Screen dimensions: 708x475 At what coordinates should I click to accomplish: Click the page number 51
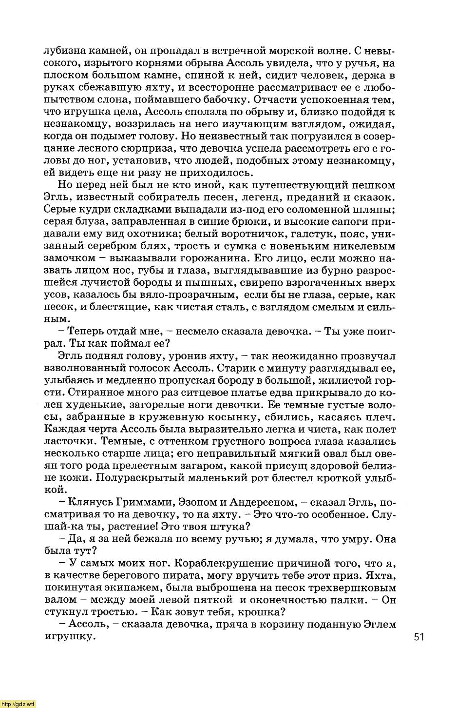coord(419,637)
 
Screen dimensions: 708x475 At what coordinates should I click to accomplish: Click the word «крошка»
coord(263,612)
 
